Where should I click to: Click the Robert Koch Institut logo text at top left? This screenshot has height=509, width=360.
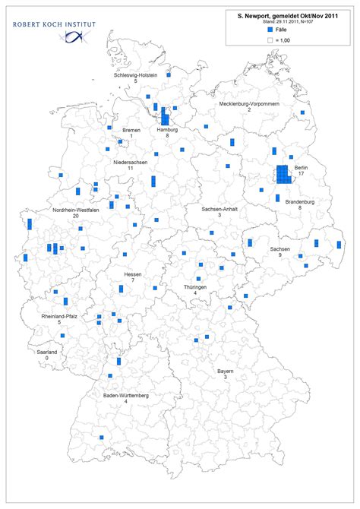click(x=55, y=25)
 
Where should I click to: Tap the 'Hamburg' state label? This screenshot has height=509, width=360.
click(x=167, y=130)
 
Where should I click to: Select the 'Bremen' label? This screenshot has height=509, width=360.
click(x=131, y=130)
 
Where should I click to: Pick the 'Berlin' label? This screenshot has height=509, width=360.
click(x=301, y=167)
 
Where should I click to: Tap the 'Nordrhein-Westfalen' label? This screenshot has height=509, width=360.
click(x=75, y=210)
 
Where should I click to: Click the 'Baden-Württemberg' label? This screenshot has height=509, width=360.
click(x=125, y=395)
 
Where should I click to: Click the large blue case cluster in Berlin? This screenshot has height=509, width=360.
click(x=283, y=174)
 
